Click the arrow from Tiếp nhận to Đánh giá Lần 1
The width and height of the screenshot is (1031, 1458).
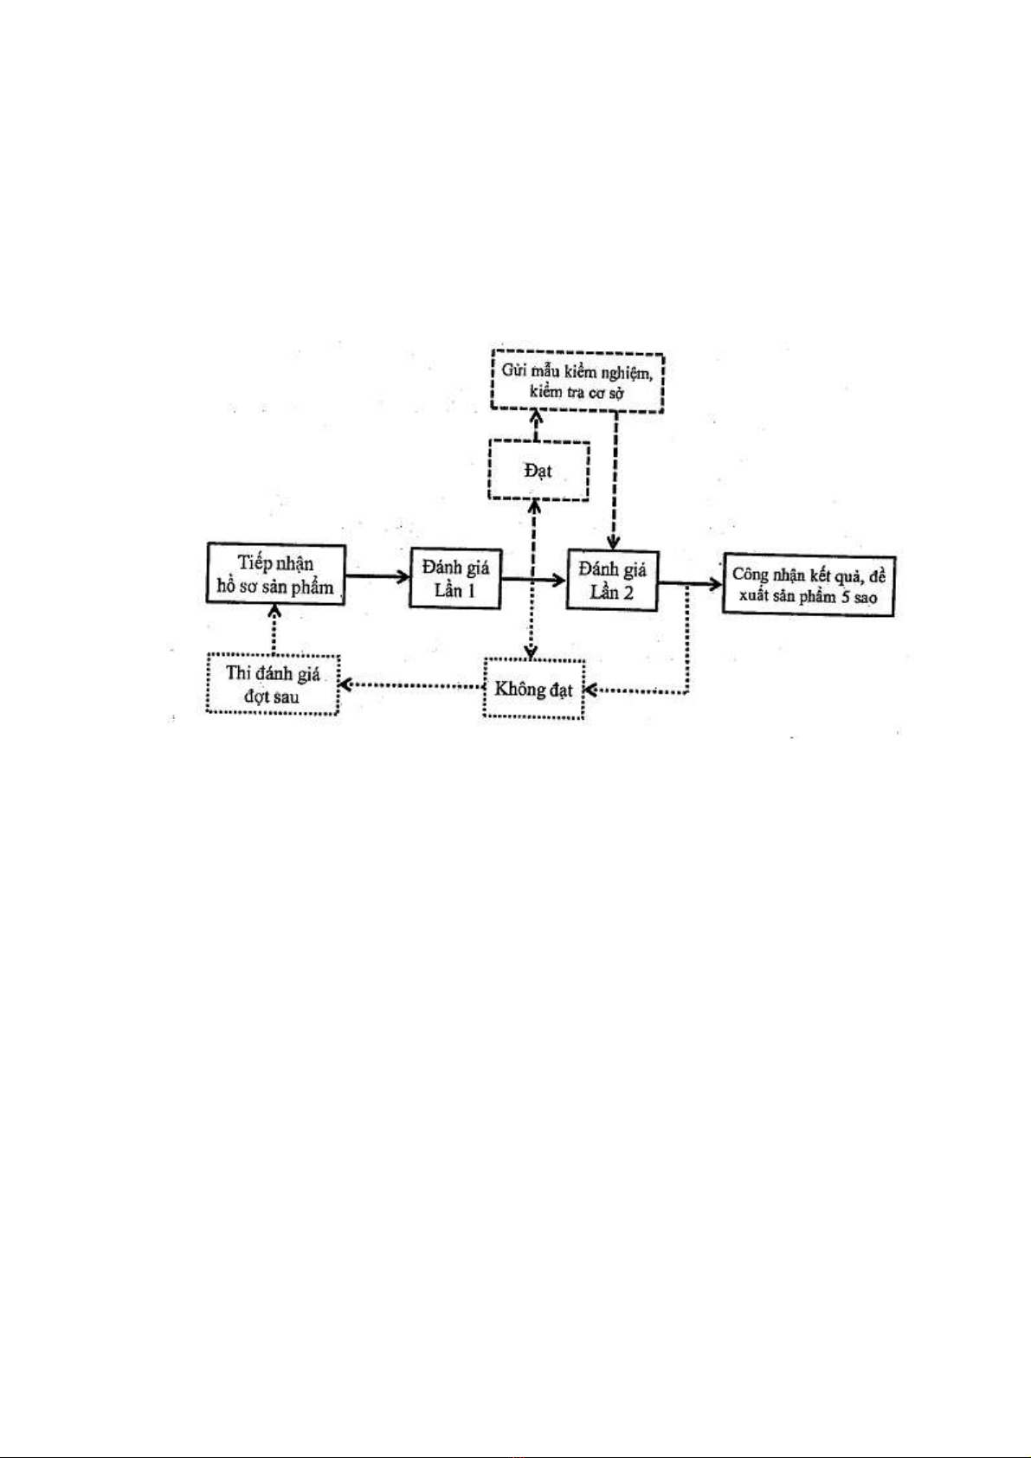377,575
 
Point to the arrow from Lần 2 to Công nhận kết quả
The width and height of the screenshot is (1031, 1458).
691,584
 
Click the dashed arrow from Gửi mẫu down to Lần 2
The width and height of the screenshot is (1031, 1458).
614,481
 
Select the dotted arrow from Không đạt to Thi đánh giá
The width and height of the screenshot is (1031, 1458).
411,684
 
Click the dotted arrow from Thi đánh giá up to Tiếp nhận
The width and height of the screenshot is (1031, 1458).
274,629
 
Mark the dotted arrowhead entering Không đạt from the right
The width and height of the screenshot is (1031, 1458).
590,690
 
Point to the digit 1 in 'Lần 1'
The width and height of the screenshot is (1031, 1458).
471,590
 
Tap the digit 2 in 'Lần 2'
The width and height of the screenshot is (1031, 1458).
628,593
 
